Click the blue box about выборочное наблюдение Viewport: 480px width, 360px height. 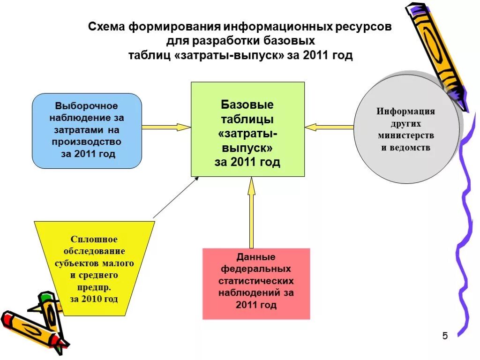click(x=87, y=131)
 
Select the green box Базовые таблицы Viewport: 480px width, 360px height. click(x=247, y=129)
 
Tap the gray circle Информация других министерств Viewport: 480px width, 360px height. click(x=406, y=129)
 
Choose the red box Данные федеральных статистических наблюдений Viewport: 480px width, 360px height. click(x=256, y=284)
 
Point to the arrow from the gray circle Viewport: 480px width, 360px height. click(x=329, y=127)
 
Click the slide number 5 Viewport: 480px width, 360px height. click(x=445, y=336)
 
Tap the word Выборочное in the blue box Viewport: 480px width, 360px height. click(x=87, y=106)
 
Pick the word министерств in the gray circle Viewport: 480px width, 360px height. click(x=406, y=135)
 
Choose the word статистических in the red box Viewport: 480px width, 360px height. click(x=256, y=281)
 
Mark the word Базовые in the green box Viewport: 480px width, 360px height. click(x=247, y=104)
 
